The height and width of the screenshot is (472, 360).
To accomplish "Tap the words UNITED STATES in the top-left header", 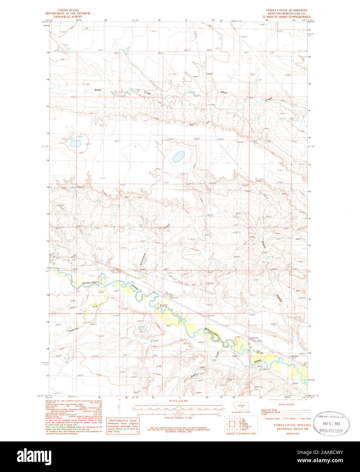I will [x=68, y=11].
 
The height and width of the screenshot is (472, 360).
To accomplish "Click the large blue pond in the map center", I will [x=178, y=156].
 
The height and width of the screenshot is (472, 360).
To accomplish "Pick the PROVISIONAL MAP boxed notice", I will [x=122, y=426].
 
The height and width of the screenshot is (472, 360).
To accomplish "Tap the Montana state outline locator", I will [x=241, y=406].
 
